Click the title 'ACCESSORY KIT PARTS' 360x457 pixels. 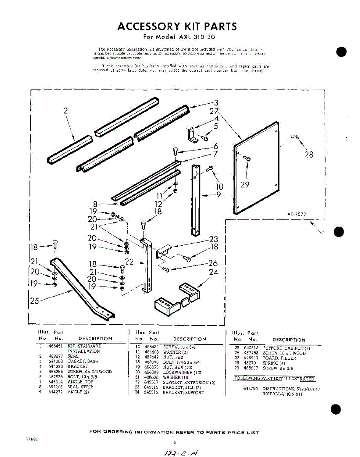(177, 26)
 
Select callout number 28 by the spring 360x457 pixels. (309, 155)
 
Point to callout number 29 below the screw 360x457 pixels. (245, 185)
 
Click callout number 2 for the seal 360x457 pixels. (66, 111)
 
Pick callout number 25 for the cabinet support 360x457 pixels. (34, 301)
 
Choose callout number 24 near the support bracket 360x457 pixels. (213, 272)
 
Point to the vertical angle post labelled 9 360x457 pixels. (196, 200)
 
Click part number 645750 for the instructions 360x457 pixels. (250, 389)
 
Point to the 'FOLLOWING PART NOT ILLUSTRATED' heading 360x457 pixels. (274, 379)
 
